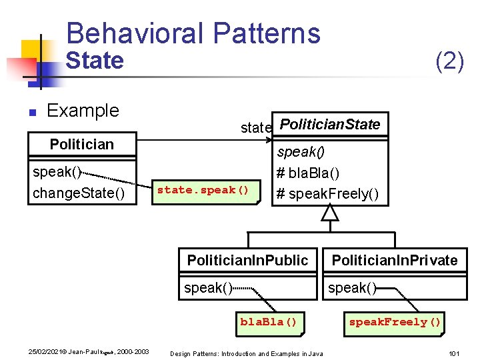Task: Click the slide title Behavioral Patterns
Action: pos(193,33)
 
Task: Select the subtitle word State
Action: pos(95,61)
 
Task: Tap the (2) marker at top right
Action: pos(449,61)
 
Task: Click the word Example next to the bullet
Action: pos(83,111)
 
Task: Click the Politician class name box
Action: pos(82,144)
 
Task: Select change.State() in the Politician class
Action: pos(79,193)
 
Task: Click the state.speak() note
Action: pos(203,190)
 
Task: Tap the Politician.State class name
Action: pos(330,124)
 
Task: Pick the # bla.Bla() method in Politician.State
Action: pos(308,173)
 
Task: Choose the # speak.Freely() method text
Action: pos(327,193)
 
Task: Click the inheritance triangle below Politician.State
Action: pos(330,213)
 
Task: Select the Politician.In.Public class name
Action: pos(247,260)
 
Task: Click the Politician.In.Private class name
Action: pos(395,260)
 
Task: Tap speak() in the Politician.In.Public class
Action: pos(208,288)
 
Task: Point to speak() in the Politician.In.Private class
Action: pos(352,288)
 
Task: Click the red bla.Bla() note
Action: pos(268,322)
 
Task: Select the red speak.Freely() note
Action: pos(395,322)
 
